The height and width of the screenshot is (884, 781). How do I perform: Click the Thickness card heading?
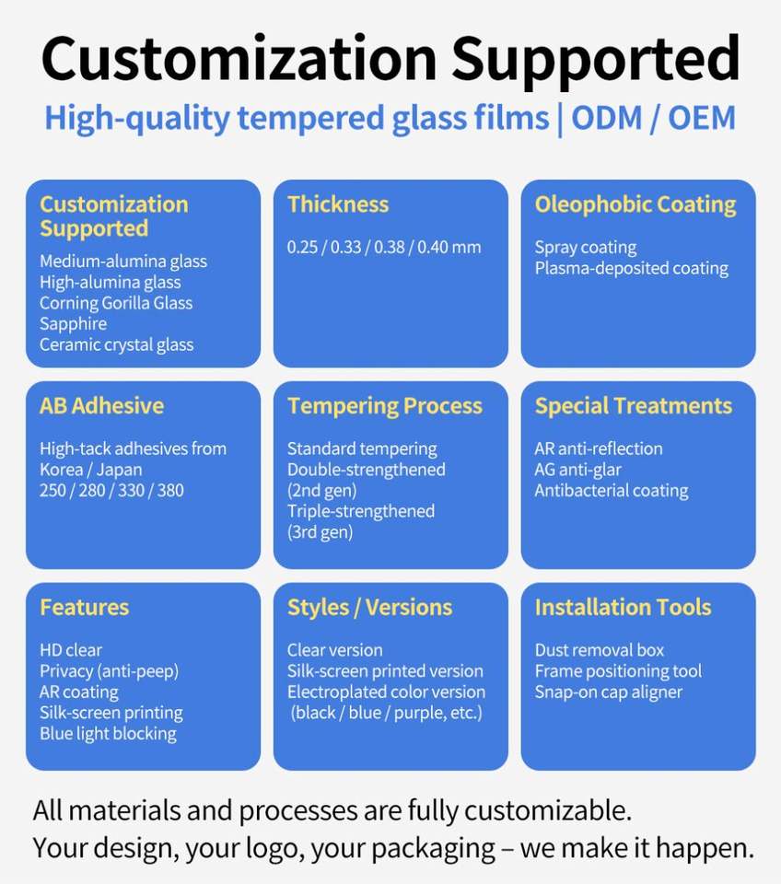tap(338, 204)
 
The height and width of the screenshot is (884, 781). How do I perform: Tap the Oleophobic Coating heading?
tap(635, 204)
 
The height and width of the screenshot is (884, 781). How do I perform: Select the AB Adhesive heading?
tap(101, 406)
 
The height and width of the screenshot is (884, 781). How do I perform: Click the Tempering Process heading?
tap(385, 406)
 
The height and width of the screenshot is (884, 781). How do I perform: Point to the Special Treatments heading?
tap(634, 406)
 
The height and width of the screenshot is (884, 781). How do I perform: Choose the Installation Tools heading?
tap(624, 607)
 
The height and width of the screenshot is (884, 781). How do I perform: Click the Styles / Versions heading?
tap(369, 608)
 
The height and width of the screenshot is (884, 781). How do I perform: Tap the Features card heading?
tap(84, 607)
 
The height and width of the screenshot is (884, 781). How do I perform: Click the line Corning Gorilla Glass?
tap(116, 303)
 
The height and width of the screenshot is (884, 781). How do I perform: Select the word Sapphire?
tap(74, 324)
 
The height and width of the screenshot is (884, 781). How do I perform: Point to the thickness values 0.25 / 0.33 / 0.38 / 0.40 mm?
tap(384, 247)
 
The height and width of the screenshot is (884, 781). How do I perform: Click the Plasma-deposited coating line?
tap(632, 268)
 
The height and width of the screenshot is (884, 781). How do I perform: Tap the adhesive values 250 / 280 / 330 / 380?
tap(111, 491)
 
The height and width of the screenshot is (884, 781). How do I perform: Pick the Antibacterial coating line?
tap(612, 491)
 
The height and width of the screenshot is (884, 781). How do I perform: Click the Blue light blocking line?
tap(109, 734)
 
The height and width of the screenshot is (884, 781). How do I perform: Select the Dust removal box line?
tap(600, 650)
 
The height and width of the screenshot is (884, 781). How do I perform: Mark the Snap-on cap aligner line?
tap(609, 692)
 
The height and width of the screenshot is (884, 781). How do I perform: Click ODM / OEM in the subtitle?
tap(654, 118)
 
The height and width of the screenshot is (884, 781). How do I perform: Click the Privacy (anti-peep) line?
tap(110, 671)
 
